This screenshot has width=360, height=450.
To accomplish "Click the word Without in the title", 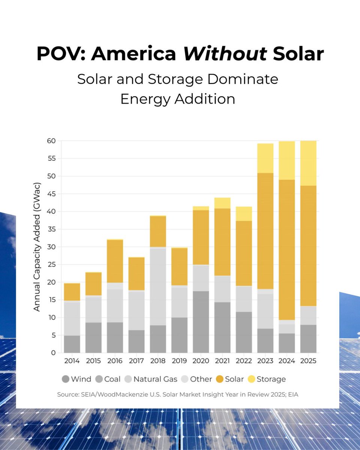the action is tap(225, 54).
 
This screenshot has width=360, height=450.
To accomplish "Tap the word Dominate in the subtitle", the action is tap(243, 79).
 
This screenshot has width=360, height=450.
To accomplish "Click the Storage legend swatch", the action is tap(251, 379).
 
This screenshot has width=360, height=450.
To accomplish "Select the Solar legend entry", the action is tap(230, 379).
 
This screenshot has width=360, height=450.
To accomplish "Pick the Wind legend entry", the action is tap(76, 379).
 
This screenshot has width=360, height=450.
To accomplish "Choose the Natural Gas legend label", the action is tap(155, 379).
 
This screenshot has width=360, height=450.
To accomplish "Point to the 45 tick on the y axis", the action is tap(51, 194).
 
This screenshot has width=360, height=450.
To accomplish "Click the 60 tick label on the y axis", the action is tap(51, 141).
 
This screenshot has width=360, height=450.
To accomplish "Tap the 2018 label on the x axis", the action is tap(158, 361).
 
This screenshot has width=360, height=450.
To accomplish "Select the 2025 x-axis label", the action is tap(308, 361).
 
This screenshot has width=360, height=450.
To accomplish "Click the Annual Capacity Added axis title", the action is tap(37, 247).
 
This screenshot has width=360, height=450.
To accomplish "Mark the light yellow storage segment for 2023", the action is tap(265, 158).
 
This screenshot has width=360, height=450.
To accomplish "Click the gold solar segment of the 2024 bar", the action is tap(287, 250).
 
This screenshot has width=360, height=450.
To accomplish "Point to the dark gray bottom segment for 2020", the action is tap(201, 322).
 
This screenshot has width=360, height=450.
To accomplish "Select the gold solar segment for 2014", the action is tap(72, 292).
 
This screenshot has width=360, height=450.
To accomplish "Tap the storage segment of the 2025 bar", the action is tap(308, 163).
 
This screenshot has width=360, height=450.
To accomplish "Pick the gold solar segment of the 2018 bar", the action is tap(158, 231).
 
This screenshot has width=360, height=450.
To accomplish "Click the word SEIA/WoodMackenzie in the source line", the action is tap(115, 394).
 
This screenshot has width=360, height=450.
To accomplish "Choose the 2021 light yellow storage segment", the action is tap(222, 203).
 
